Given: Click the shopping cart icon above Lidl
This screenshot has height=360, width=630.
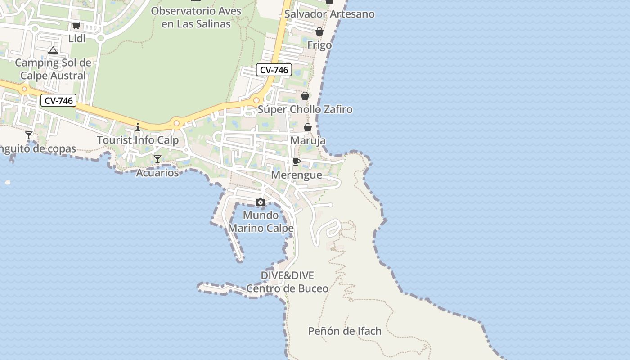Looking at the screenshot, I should click(76, 26).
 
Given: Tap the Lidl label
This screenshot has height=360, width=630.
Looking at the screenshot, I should click(77, 39).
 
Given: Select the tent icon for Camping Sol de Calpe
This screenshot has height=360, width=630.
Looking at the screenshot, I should click(53, 50).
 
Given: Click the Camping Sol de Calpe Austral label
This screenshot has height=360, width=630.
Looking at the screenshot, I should click(53, 69).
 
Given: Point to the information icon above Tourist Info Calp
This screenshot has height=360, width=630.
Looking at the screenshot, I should click(138, 127).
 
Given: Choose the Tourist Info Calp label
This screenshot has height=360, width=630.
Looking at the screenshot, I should click(138, 140).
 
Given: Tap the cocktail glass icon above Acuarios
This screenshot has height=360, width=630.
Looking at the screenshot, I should click(157, 159).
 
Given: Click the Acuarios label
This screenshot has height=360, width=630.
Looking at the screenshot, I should click(157, 173).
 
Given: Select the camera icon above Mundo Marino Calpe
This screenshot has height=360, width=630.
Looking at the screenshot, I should click(261, 202).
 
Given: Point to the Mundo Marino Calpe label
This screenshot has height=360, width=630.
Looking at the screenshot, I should click(261, 222).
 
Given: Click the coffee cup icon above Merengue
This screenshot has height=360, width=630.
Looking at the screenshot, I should click(297, 162).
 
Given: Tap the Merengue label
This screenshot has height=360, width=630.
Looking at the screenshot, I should click(297, 175).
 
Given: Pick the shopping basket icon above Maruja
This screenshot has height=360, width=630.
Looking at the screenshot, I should click(308, 127).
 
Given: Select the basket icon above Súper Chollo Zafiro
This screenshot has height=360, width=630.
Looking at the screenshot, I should click(305, 96).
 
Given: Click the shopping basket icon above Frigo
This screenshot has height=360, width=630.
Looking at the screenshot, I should click(319, 31).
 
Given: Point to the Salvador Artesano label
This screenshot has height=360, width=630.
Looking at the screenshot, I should click(329, 14).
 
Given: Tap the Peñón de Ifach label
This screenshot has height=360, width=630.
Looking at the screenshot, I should click(345, 331).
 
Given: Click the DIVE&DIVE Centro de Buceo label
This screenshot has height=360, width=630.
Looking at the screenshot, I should click(287, 282).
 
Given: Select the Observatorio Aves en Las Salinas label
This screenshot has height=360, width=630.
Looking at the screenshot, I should click(196, 17).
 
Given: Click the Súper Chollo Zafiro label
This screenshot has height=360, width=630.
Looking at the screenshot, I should click(305, 109).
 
